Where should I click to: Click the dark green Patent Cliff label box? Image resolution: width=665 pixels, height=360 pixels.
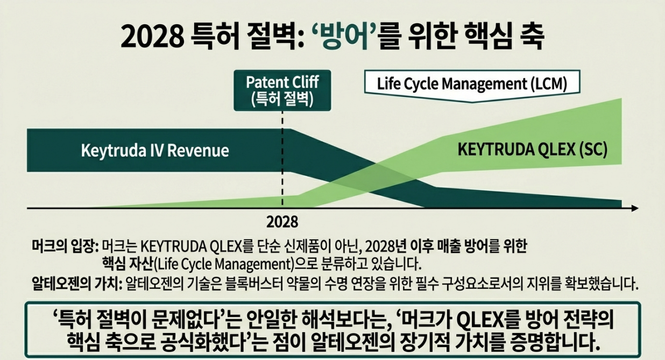282,91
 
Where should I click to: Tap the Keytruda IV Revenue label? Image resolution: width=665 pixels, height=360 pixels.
154,150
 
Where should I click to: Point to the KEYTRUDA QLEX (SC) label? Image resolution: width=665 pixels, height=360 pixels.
532,150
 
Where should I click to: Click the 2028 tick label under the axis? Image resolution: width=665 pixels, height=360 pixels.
282,222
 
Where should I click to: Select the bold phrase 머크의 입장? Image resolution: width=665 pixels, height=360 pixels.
64,247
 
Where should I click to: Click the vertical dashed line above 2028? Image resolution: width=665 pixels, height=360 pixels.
282,161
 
